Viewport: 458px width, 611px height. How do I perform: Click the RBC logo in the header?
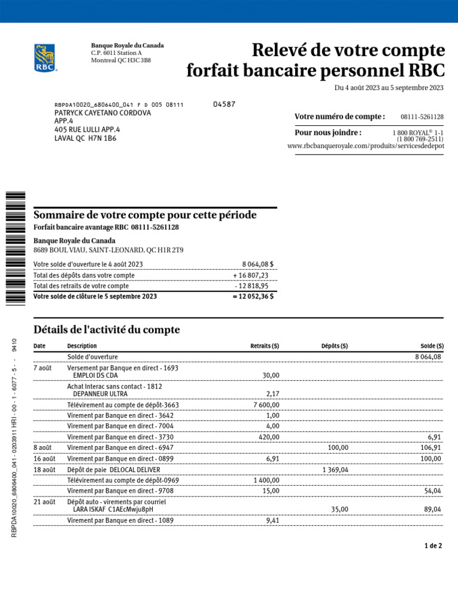pos(45,58)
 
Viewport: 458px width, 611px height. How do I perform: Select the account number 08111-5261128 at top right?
pos(422,117)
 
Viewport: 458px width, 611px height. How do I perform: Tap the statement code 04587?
pos(224,104)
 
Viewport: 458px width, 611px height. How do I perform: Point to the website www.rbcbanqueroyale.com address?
pos(365,146)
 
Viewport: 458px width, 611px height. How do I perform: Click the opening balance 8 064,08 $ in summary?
pos(258,264)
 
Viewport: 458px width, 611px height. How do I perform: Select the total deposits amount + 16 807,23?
pos(251,276)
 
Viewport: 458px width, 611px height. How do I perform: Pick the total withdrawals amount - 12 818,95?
pos(252,286)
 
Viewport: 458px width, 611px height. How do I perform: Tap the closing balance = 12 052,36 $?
pos(253,297)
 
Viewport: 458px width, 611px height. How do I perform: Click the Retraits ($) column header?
pos(264,346)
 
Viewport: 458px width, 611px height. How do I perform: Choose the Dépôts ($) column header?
pos(335,346)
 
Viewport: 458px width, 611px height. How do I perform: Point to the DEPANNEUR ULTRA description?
pos(100,394)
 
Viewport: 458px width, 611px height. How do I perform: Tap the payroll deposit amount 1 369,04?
pos(335,470)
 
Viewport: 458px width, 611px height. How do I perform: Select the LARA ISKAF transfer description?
pos(113,510)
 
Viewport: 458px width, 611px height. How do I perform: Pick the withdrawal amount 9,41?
pos(271,520)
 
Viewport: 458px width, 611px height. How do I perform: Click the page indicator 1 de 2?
pos(432,546)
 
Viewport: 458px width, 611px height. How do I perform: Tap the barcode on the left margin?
pos(16,248)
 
